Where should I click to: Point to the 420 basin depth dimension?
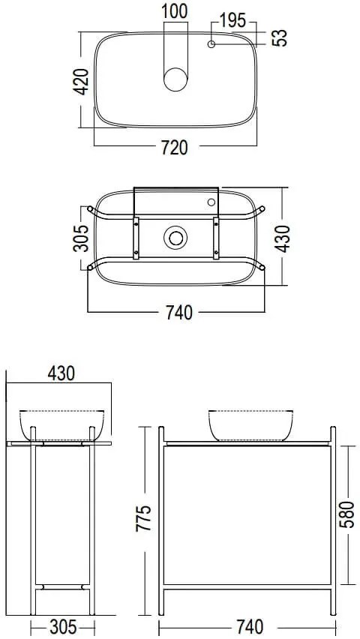(82, 79)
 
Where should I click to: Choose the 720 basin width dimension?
(174, 147)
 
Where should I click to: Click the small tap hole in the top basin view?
(212, 45)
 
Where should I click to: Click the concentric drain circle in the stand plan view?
(176, 238)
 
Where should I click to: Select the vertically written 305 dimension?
(82, 238)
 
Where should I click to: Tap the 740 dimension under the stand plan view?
(177, 312)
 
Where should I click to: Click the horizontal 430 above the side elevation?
(61, 373)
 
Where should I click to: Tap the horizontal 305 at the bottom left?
(61, 625)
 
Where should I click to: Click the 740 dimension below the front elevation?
(248, 625)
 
